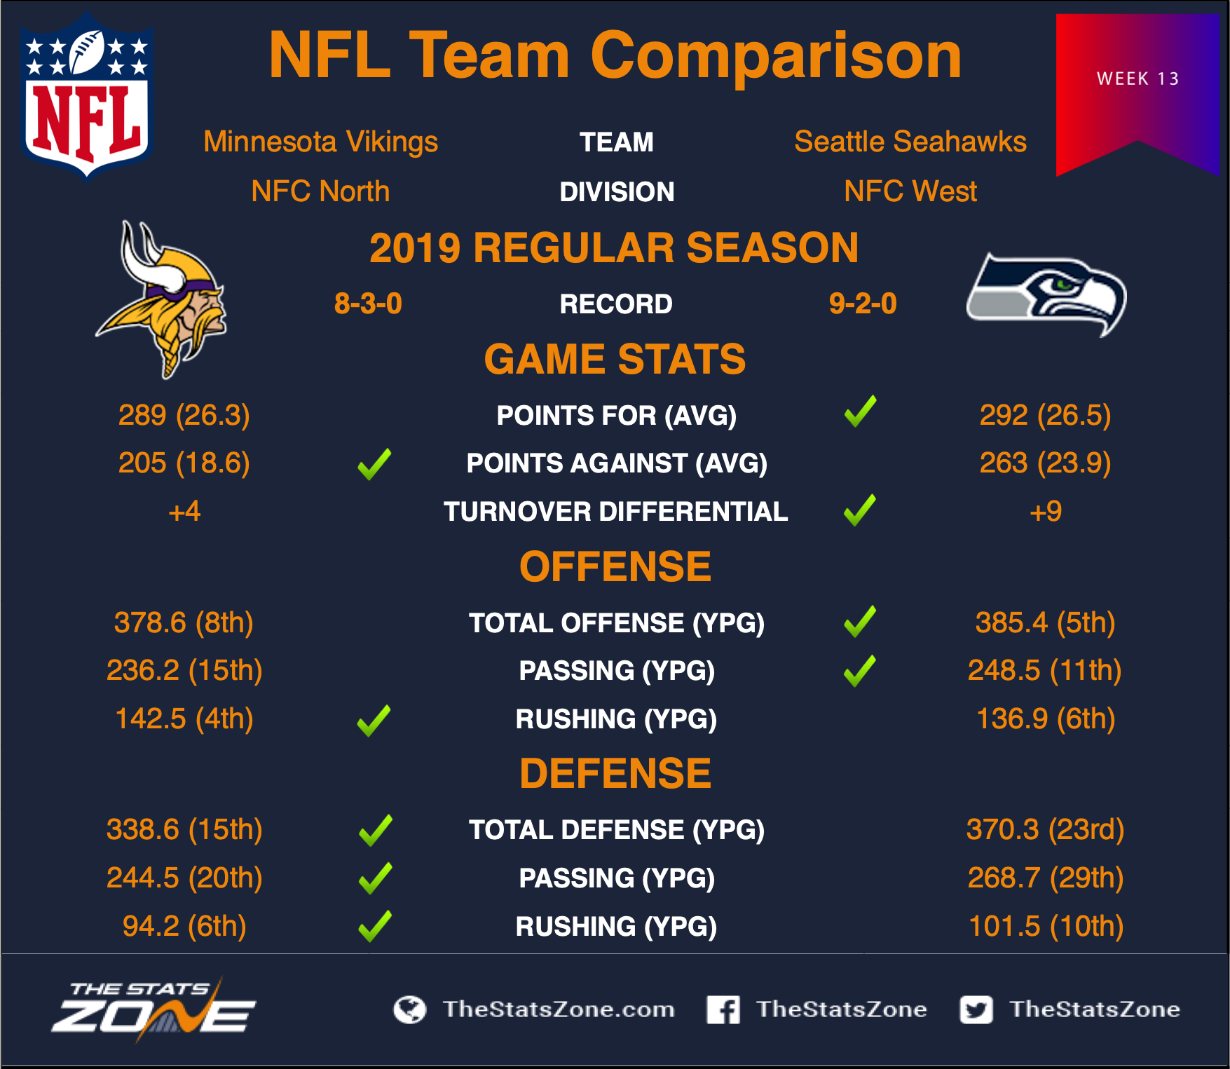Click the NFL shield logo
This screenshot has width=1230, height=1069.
[x=87, y=96]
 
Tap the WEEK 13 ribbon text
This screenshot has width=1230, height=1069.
[x=1137, y=79]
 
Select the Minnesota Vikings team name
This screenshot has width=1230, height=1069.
[x=320, y=142]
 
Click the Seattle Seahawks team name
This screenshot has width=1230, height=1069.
[x=910, y=142]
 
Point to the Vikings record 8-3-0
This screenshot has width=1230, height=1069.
[x=368, y=304]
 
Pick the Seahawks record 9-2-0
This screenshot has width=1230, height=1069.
[x=863, y=304]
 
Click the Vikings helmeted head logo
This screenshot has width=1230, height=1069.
[x=163, y=299]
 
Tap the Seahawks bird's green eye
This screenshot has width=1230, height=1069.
[x=1063, y=285]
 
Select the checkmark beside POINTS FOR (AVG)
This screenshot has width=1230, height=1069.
[x=860, y=411]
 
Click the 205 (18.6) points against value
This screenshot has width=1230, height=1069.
[x=184, y=463]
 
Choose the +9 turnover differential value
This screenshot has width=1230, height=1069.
[x=1045, y=511]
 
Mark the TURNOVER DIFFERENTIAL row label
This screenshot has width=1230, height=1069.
[x=615, y=512]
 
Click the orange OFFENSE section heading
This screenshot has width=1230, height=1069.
[x=615, y=566]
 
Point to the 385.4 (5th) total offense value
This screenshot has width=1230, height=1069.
[x=1045, y=622]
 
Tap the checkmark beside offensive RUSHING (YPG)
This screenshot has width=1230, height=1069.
[x=374, y=721]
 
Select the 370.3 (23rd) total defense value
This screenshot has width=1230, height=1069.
[x=1045, y=829]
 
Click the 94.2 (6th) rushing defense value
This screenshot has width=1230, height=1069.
[x=184, y=926]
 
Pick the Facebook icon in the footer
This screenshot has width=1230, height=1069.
[x=723, y=1009]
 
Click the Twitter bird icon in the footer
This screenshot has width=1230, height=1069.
[x=976, y=1009]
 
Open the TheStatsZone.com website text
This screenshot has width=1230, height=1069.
[x=559, y=1009]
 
